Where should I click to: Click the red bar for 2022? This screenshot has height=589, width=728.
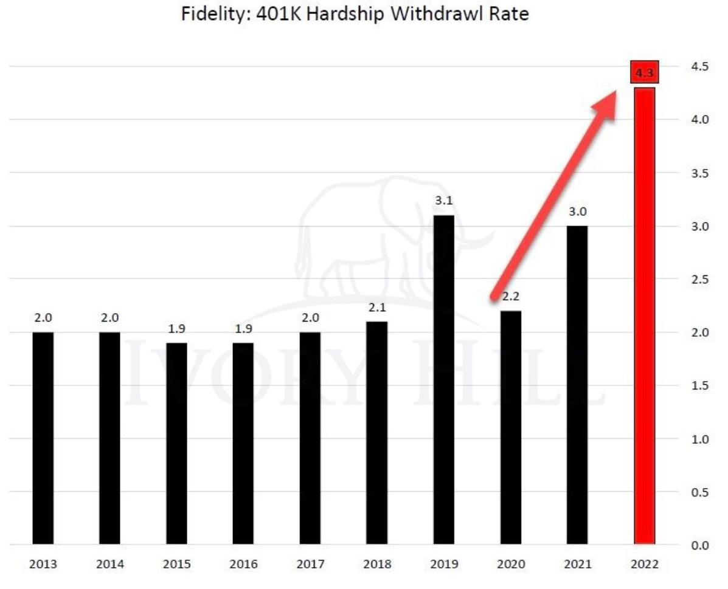(x=644, y=316)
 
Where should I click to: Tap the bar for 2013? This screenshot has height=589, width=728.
(x=43, y=438)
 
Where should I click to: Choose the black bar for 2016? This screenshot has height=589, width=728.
(x=243, y=443)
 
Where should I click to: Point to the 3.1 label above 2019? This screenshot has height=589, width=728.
(x=443, y=201)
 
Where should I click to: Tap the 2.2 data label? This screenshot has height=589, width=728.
(x=510, y=297)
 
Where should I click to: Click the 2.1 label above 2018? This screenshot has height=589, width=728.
(x=376, y=307)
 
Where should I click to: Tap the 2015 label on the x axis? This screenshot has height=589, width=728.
(x=176, y=565)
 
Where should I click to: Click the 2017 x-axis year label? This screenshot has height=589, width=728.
(x=310, y=565)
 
